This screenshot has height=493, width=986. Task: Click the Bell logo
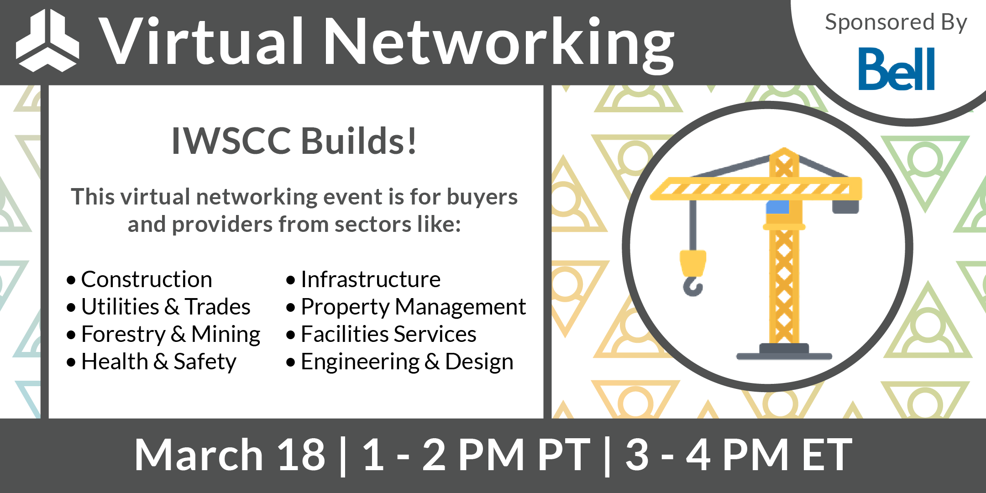pos(897,69)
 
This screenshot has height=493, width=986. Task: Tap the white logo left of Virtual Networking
pos(47,41)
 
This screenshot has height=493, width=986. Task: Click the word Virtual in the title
pos(201,42)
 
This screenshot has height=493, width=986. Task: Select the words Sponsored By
pos(896,23)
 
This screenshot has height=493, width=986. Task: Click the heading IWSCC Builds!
pos(294,141)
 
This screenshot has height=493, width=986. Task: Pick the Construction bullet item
pos(146,279)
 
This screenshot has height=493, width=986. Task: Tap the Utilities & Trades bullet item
pos(165,307)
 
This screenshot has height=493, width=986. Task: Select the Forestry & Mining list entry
pos(170,335)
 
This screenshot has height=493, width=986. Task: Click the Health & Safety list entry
pos(158,362)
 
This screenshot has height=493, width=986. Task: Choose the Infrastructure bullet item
pos(370,279)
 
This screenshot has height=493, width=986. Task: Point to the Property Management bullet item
pos(413,307)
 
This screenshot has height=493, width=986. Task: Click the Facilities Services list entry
pos(388,335)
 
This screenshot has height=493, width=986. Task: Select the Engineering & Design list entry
pos(407,362)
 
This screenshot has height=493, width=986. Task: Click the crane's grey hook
pos(692,287)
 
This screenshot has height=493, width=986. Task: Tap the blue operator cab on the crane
pos(777,207)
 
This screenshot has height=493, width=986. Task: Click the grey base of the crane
pos(784,353)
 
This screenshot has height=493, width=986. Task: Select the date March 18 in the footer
pos(230,455)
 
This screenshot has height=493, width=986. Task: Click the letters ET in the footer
pos(827,455)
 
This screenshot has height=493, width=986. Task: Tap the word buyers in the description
pos(482,197)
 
